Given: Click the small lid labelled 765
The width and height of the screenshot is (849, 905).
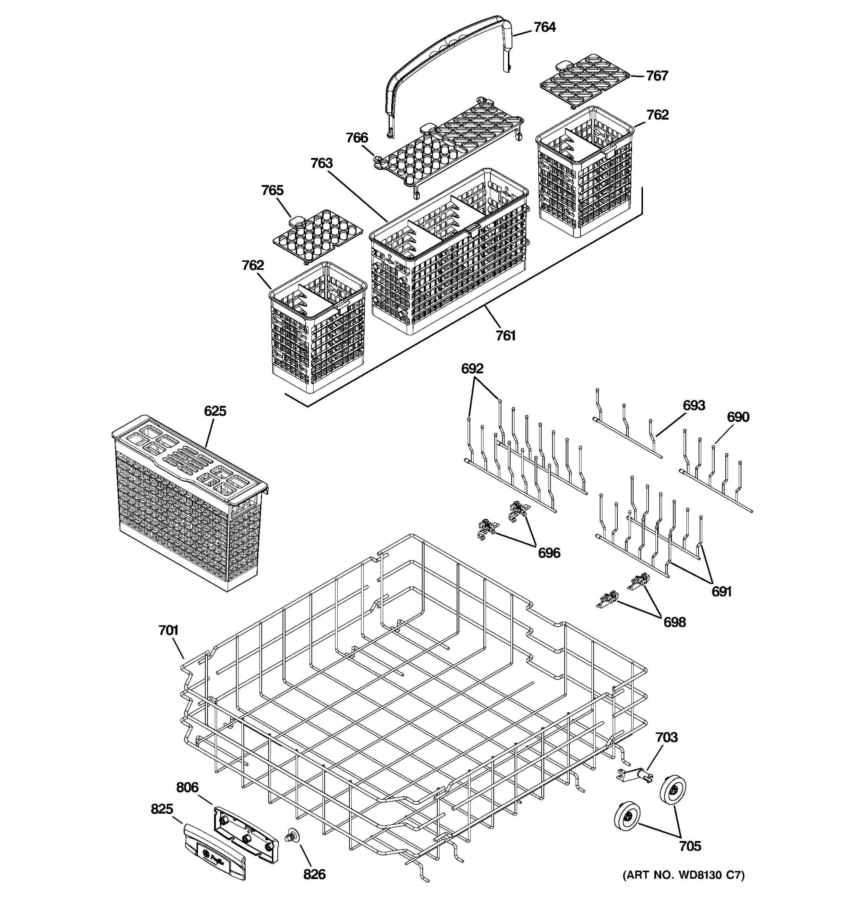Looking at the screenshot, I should [x=317, y=235].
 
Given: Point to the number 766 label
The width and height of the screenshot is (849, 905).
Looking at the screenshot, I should [x=357, y=138].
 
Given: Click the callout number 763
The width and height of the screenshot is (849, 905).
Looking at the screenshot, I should [x=321, y=163].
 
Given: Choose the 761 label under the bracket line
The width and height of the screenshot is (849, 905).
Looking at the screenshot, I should [x=506, y=336].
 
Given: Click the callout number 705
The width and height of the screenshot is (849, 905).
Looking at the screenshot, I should [x=690, y=846].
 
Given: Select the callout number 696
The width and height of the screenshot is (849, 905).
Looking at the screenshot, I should [x=549, y=553].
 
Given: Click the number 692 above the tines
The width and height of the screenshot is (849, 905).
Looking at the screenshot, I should [x=472, y=368].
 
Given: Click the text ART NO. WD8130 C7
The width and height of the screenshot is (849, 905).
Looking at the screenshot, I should [x=683, y=874].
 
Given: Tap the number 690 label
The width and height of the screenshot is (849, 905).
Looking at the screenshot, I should [x=738, y=417].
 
